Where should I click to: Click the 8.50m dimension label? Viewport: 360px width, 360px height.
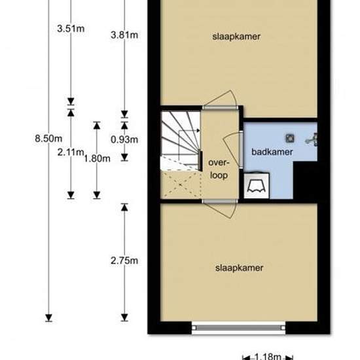tap(48, 139)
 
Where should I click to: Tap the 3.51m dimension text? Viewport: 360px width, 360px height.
tap(71, 29)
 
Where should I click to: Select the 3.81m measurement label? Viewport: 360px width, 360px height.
tap(124, 35)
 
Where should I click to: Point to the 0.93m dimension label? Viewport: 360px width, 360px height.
tap(124, 139)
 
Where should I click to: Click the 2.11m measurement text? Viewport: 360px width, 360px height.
tap(71, 153)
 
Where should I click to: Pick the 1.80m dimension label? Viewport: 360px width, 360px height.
tap(97, 158)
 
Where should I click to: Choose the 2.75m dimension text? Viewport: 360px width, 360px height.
tap(124, 261)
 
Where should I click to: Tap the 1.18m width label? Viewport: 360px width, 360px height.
tap(268, 356)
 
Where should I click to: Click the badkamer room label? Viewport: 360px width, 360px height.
tap(272, 152)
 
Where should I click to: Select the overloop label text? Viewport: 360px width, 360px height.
tap(219, 169)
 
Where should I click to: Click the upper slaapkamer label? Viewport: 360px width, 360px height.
tap(236, 37)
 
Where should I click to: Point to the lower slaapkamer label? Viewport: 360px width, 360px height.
tap(239, 268)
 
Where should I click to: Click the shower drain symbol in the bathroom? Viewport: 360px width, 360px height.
tap(290, 138)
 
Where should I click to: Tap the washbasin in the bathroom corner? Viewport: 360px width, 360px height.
tap(257, 185)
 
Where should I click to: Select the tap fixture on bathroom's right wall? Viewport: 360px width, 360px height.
tap(312, 139)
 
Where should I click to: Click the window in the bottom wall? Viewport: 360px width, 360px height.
tap(238, 328)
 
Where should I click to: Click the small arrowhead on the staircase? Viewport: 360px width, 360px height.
tap(198, 131)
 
